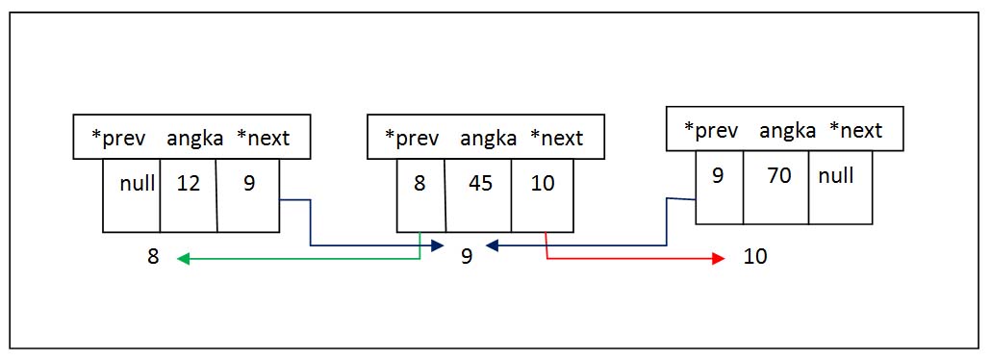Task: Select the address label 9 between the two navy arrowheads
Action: coord(466,258)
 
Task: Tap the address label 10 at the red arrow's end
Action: coord(755,258)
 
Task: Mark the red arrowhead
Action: coord(717,258)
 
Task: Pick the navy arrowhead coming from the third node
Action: coord(492,246)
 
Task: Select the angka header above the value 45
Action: coord(489,138)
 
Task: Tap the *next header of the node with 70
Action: coord(855,130)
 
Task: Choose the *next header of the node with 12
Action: coord(263,138)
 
